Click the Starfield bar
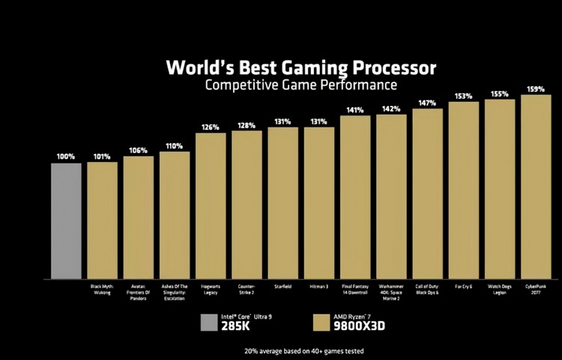tap(282, 202)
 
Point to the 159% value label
tap(536, 88)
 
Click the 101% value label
tap(102, 157)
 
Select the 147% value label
tap(427, 103)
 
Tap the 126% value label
tap(211, 127)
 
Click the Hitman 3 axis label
tap(318, 286)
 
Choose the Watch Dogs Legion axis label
tap(500, 289)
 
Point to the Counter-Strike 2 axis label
tap(247, 289)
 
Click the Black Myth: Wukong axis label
tap(102, 289)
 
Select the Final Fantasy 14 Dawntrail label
tap(354, 289)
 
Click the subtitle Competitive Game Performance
tap(301, 85)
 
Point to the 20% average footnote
tap(299, 349)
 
